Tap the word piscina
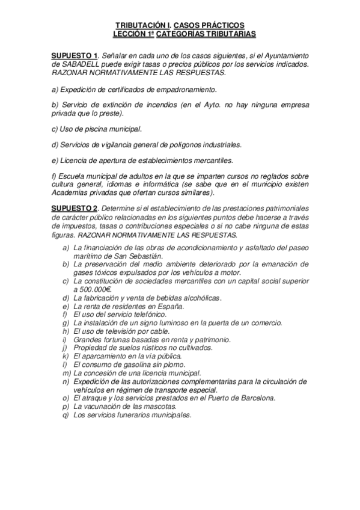click(x=91, y=129)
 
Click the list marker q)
click(x=66, y=414)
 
